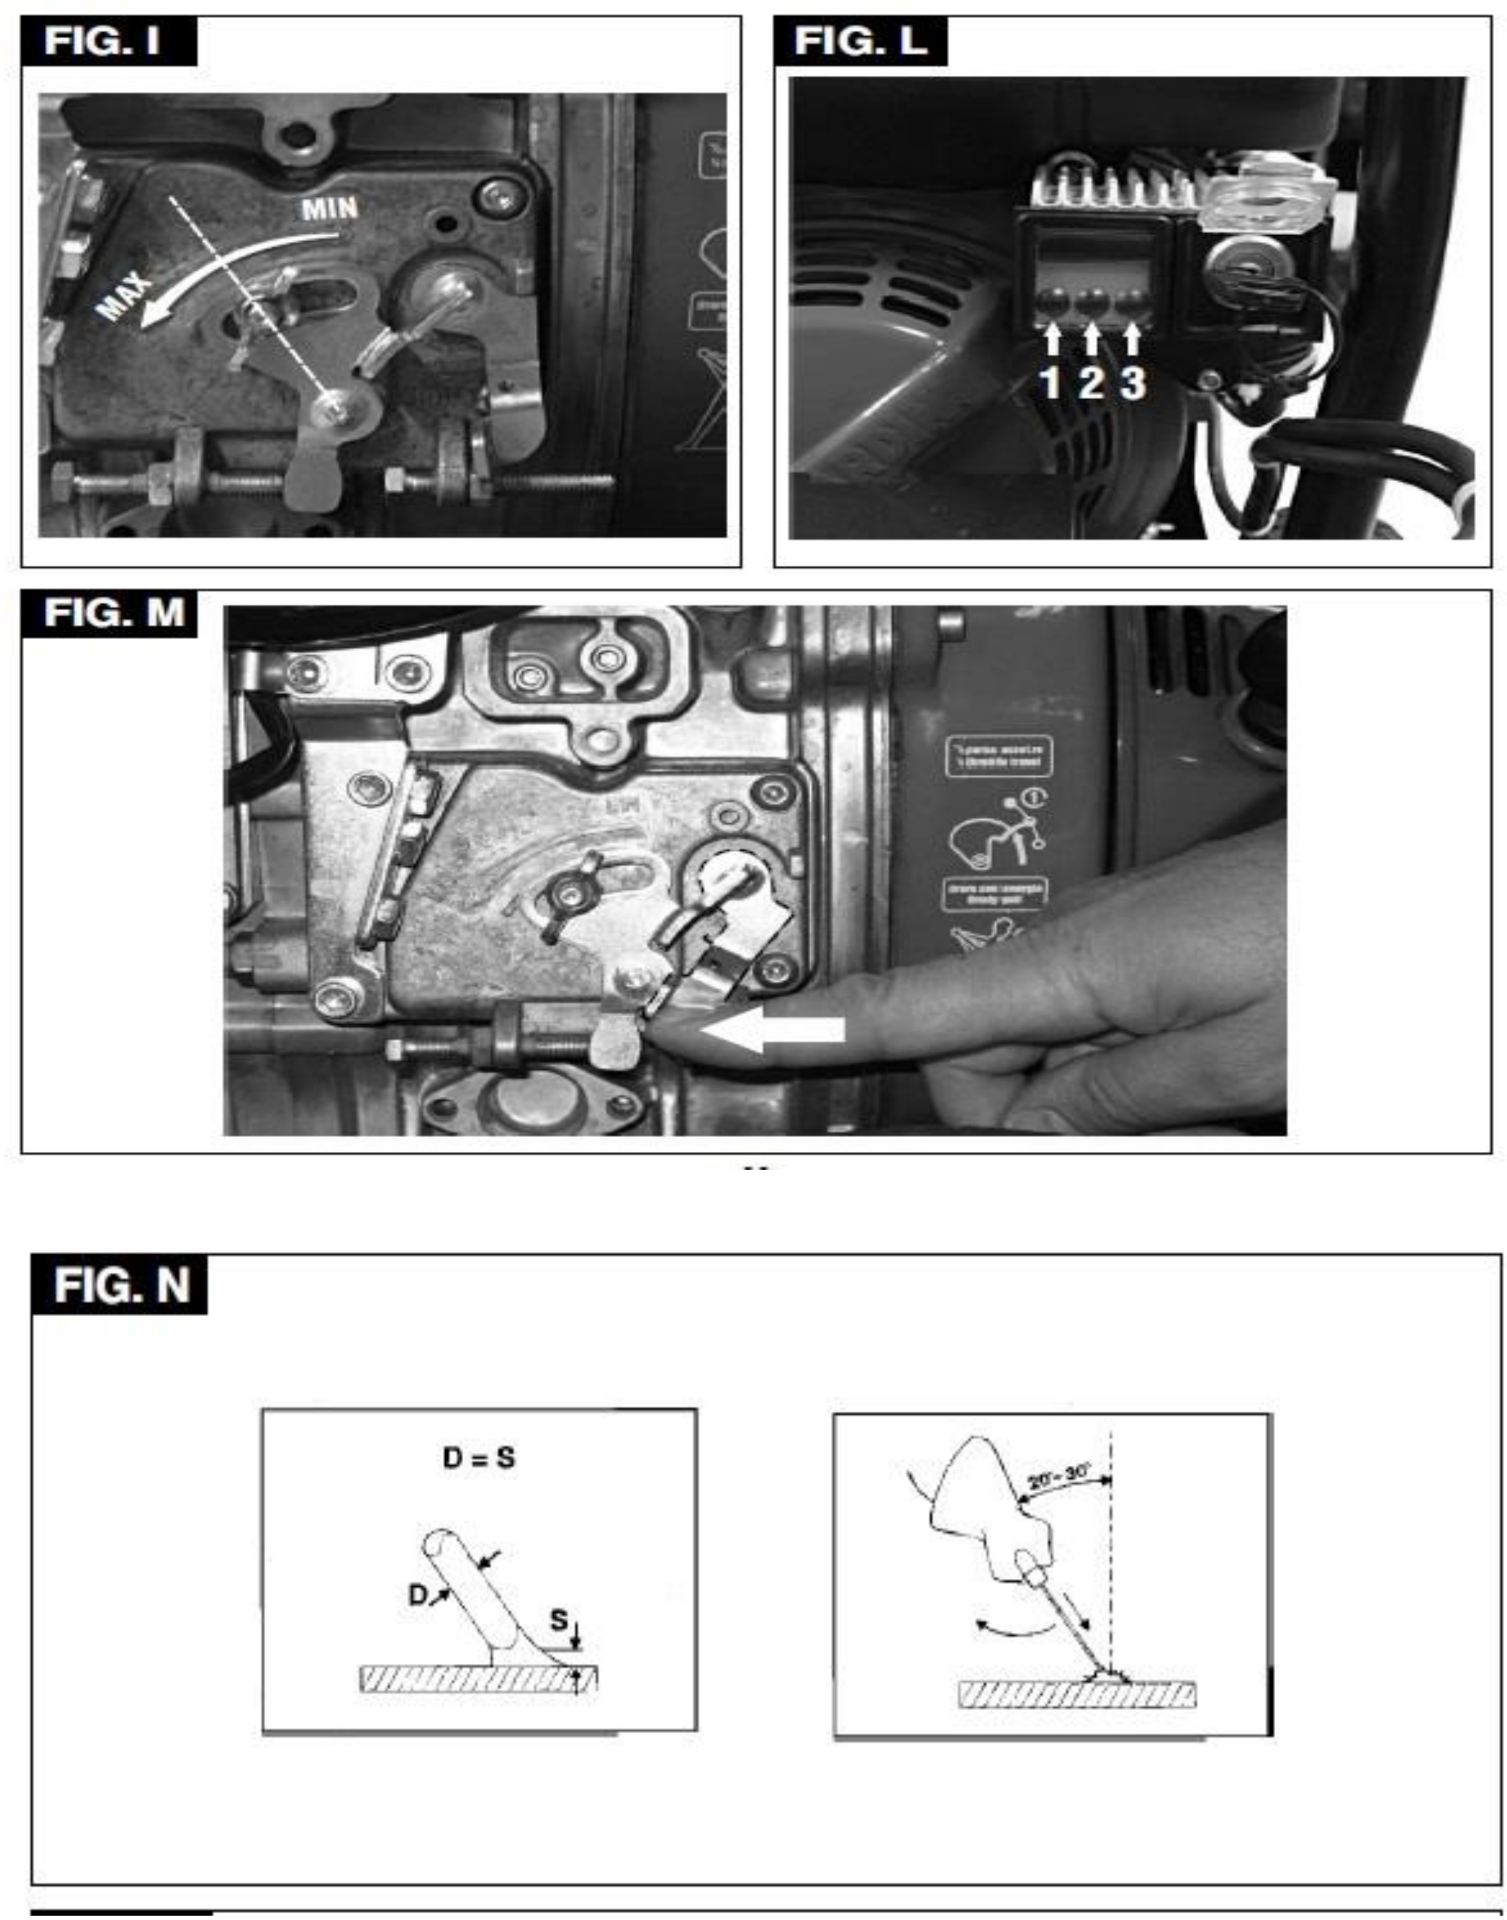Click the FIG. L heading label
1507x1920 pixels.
(x=860, y=41)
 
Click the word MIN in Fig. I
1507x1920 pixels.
(x=330, y=209)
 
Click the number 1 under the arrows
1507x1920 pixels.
(x=1049, y=383)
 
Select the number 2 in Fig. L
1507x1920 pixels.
(x=1091, y=383)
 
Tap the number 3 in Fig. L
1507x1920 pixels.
(x=1133, y=383)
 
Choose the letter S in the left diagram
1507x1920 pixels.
(x=559, y=1620)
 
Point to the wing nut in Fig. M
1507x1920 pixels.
(x=573, y=896)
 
